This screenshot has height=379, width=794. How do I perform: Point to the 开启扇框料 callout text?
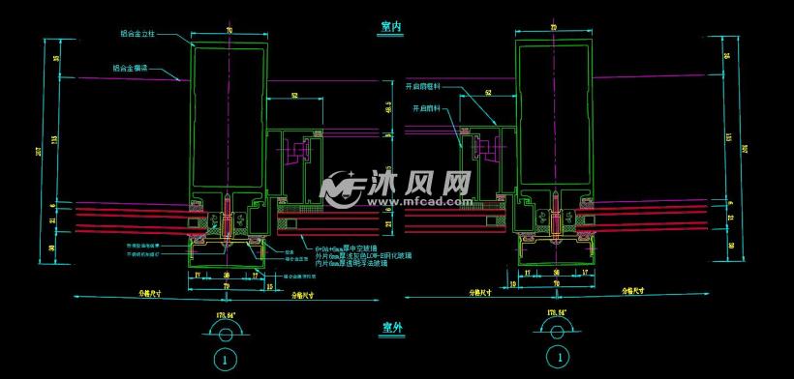424,85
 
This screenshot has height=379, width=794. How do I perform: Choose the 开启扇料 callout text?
427,108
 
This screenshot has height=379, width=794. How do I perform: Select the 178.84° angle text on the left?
226,313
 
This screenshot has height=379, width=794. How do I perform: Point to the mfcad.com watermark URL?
416,201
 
